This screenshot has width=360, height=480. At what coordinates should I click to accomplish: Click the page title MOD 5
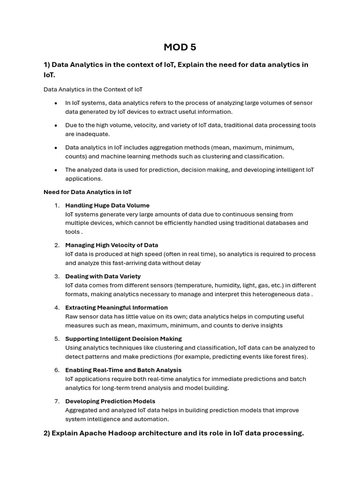pos(180,47)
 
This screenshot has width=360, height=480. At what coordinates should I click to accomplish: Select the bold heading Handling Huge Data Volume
pos(107,205)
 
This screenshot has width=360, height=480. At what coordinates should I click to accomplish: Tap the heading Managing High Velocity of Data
pos(112,245)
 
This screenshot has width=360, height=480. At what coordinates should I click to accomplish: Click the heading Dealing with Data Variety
pos(103,277)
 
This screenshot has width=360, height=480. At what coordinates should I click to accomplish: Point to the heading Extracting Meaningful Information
pos(116,307)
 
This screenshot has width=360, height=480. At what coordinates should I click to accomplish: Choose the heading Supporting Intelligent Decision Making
pos(123,339)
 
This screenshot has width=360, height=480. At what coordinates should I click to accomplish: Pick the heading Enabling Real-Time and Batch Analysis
pos(123,370)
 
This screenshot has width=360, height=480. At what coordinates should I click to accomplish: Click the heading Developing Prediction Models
pos(110,401)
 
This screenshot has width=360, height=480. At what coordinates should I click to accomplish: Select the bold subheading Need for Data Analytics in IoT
pos(88,192)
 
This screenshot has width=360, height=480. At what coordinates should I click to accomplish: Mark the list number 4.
pos(57,307)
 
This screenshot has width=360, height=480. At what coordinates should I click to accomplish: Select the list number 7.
pos(57,401)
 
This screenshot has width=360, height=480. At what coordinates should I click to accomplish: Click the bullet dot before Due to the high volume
pos(56,125)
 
